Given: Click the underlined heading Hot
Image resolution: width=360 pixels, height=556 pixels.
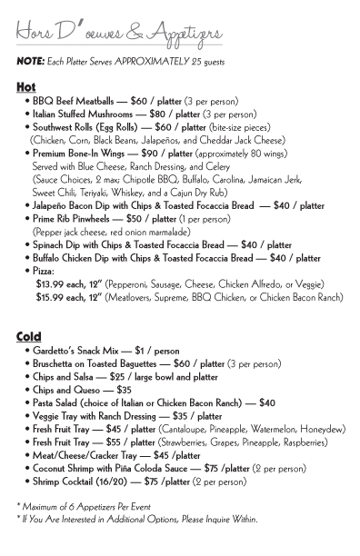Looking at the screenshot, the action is coord(25,86).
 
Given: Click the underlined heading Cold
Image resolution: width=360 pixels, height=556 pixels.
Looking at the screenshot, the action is coord(29,337).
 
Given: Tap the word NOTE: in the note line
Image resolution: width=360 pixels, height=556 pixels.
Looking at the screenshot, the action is coord(31,61).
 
